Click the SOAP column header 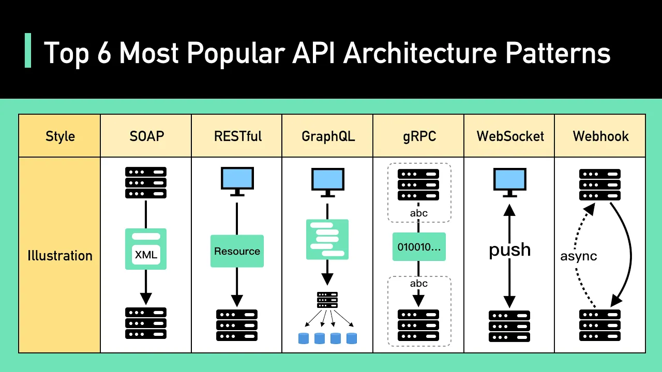pyautogui.click(x=146, y=136)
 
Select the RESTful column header pyautogui.click(x=238, y=136)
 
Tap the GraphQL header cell pyautogui.click(x=328, y=136)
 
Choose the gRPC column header pyautogui.click(x=418, y=136)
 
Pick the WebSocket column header pyautogui.click(x=510, y=136)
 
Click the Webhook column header pyautogui.click(x=600, y=136)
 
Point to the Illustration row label pyautogui.click(x=60, y=256)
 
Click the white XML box pyautogui.click(x=146, y=254)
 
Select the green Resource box pyautogui.click(x=237, y=251)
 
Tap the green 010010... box pyautogui.click(x=419, y=247)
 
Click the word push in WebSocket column pyautogui.click(x=510, y=250)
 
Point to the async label pyautogui.click(x=579, y=256)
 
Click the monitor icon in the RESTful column pyautogui.click(x=237, y=181)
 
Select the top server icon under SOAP pyautogui.click(x=146, y=182)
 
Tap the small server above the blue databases pyautogui.click(x=327, y=300)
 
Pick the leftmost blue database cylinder pyautogui.click(x=304, y=338)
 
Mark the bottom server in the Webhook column pyautogui.click(x=600, y=325)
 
